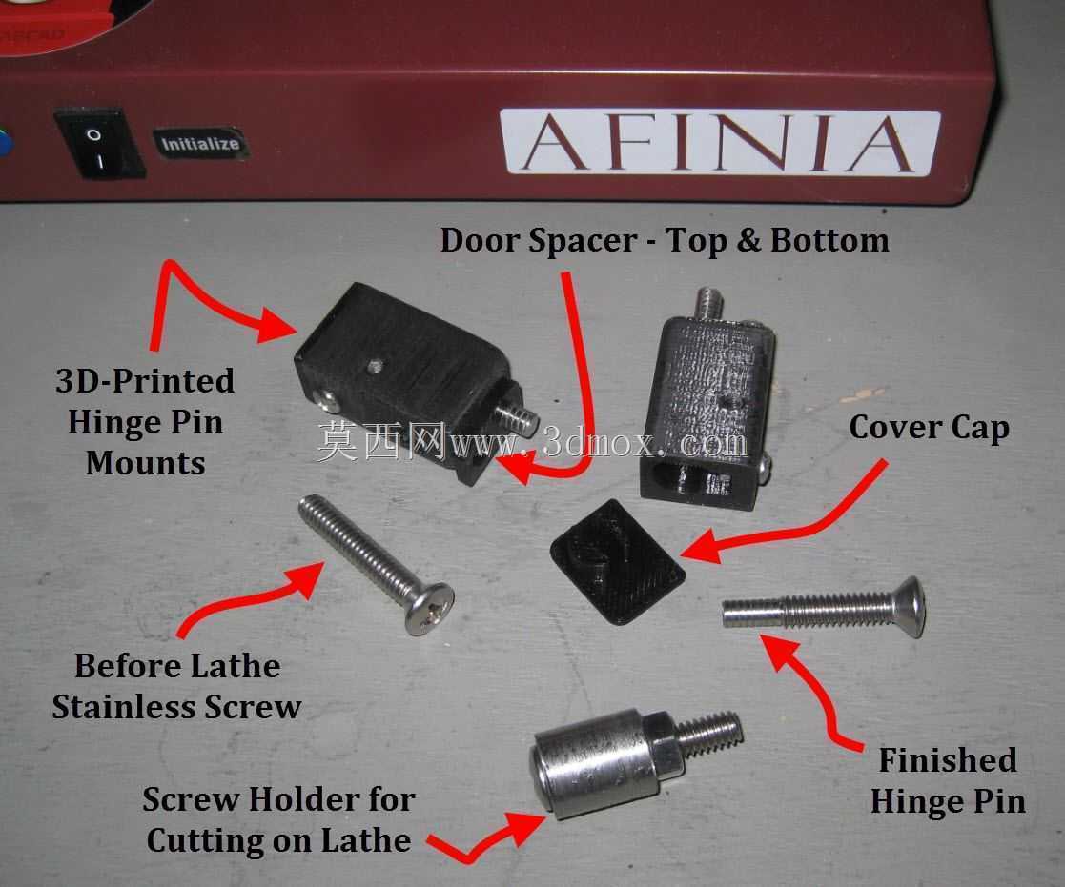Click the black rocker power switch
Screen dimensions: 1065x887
[99, 144]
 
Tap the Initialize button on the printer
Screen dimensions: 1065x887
[199, 143]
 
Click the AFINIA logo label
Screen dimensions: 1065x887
[719, 143]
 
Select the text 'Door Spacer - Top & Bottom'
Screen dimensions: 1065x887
[665, 240]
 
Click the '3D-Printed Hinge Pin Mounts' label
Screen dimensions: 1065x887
[145, 421]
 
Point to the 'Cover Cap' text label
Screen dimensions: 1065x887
[929, 428]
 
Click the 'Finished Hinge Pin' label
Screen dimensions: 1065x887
[948, 780]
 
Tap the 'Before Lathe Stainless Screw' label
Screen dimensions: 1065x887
[176, 686]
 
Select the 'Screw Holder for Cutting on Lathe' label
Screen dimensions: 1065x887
[278, 819]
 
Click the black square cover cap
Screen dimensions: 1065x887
[617, 561]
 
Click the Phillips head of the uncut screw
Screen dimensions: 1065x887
[429, 609]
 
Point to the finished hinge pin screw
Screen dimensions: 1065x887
[823, 608]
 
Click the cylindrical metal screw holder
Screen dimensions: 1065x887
[594, 763]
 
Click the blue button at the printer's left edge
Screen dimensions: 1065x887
[5, 144]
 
